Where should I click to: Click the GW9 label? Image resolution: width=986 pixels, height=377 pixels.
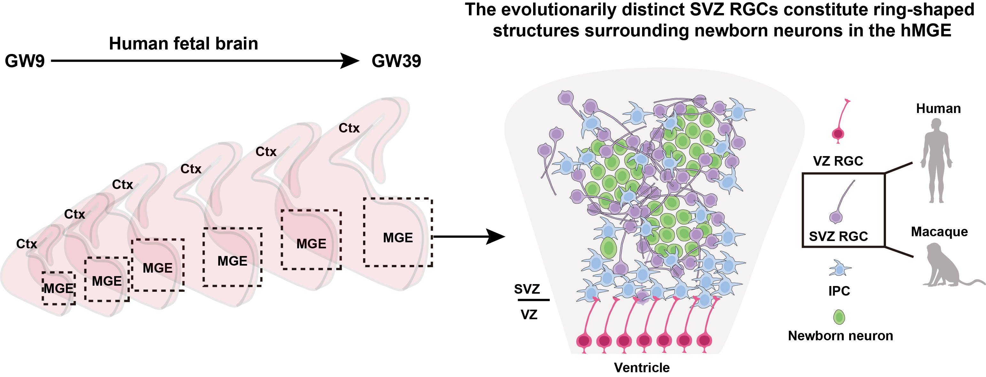(25, 61)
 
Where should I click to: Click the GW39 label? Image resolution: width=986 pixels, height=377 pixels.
(396, 61)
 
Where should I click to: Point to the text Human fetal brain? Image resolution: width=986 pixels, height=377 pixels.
(183, 44)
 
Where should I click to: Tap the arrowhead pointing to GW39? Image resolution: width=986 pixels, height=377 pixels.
(349, 61)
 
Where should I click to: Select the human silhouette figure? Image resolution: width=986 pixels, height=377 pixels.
(936, 161)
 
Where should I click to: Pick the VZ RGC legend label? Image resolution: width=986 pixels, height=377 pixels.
(838, 161)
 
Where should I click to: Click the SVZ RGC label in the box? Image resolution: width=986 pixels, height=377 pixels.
(838, 236)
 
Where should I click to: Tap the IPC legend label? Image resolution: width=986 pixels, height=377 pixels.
(839, 291)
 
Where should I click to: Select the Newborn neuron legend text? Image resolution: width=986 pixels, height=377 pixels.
(841, 336)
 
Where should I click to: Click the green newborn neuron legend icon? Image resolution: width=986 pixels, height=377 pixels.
(839, 317)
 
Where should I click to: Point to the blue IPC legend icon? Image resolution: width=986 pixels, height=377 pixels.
(839, 269)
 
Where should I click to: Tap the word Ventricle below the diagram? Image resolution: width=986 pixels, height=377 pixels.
(642, 367)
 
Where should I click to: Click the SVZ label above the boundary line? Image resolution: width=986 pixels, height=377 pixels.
(527, 289)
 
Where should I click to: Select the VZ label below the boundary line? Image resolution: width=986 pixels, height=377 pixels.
(529, 315)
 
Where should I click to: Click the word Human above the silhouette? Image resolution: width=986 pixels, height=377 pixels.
(938, 109)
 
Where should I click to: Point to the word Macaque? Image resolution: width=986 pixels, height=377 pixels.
(939, 232)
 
